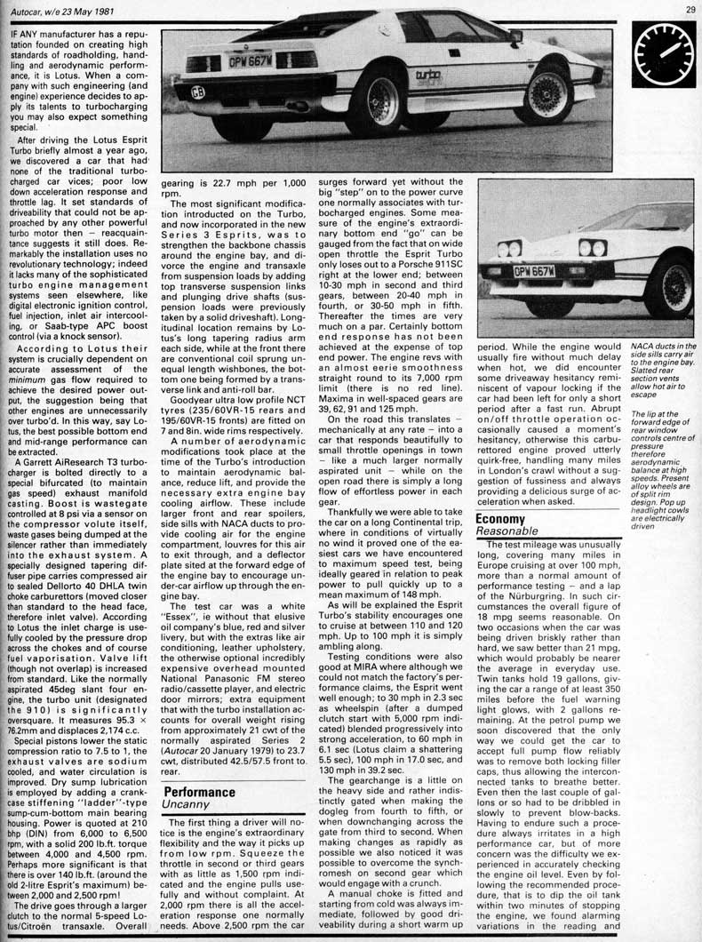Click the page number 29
(690, 10)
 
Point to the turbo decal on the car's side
(428, 76)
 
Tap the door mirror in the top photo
(515, 36)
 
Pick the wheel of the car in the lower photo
(665, 281)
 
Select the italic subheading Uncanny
(186, 807)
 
